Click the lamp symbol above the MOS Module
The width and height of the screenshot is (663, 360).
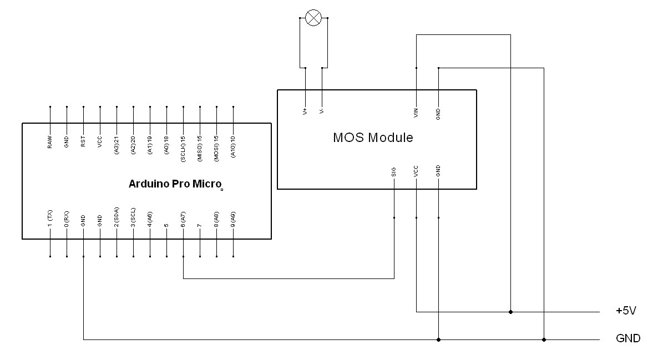pyautogui.click(x=313, y=18)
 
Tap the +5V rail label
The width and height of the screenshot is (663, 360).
pyautogui.click(x=626, y=311)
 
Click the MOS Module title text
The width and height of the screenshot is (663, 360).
pyautogui.click(x=373, y=138)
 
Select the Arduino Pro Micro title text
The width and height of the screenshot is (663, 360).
pyautogui.click(x=175, y=184)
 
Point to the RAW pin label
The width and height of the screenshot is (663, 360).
pyautogui.click(x=50, y=142)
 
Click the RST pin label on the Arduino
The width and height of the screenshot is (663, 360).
pyautogui.click(x=83, y=141)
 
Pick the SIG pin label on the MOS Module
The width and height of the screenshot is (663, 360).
pyautogui.click(x=394, y=171)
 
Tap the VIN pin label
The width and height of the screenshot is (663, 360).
pyautogui.click(x=416, y=113)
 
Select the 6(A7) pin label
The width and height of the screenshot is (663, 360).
pyautogui.click(x=183, y=220)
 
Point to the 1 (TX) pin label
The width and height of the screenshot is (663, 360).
pyautogui.click(x=50, y=219)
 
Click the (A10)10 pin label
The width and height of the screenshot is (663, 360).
pyautogui.click(x=234, y=146)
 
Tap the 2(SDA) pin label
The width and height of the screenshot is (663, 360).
pyautogui.click(x=117, y=217)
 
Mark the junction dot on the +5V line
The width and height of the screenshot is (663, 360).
pyautogui.click(x=511, y=312)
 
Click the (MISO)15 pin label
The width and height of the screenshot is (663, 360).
pyautogui.click(x=200, y=148)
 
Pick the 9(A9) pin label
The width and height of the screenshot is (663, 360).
pyautogui.click(x=234, y=220)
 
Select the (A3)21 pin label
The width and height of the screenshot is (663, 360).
pyautogui.click(x=117, y=145)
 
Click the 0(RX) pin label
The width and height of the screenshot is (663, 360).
pyautogui.click(x=67, y=219)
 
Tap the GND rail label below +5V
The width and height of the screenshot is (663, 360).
pyautogui.click(x=628, y=338)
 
